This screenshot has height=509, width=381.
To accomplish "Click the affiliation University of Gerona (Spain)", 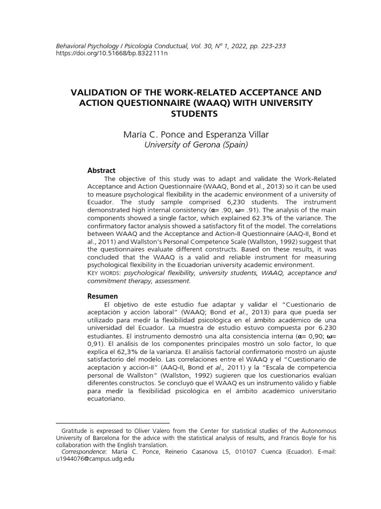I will (195, 145).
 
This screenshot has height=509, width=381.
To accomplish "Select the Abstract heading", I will (101, 170).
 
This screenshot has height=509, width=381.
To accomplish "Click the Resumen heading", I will (103, 296).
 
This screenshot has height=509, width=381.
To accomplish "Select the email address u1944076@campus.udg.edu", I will (95, 459).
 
